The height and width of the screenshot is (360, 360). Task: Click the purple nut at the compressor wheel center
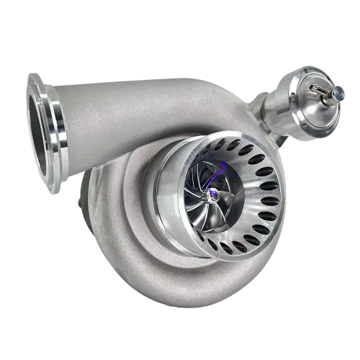[x=213, y=194]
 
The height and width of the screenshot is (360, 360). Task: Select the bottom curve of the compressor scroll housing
[x=180, y=288]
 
